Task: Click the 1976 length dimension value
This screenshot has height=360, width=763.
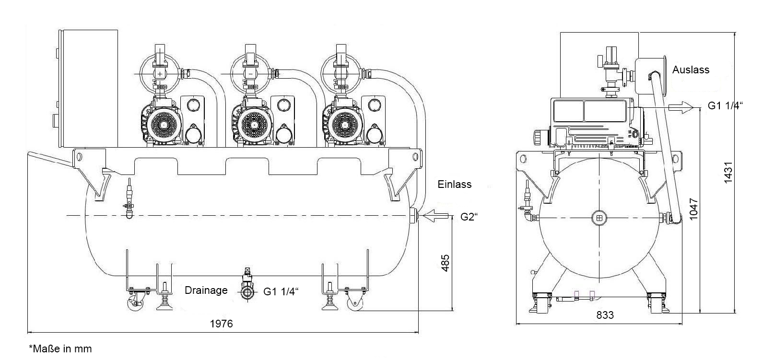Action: point(222,324)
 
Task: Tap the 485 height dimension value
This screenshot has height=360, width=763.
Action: point(445,263)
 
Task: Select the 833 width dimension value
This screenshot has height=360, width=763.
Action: point(605,315)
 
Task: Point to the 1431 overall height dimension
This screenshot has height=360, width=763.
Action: point(728,173)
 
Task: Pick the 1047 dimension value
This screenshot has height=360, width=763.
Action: point(693,209)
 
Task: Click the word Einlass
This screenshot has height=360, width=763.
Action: point(454,184)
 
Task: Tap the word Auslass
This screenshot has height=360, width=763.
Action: point(691,70)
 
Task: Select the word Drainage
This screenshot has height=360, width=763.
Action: point(206,290)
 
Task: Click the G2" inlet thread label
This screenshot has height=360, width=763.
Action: point(469,217)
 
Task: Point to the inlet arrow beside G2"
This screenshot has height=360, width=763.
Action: point(434,216)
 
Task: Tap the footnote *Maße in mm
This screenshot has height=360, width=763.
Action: point(60,349)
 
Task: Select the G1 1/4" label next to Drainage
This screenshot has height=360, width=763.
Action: point(281,291)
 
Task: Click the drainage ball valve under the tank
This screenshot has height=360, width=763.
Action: point(247,292)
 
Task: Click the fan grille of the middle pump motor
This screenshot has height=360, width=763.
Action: point(254,125)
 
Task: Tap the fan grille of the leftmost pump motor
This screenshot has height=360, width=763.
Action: point(164,125)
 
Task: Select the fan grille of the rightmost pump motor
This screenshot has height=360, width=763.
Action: point(345,125)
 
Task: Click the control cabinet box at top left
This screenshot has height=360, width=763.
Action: point(89,89)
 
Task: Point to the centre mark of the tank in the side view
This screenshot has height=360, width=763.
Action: point(599,218)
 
